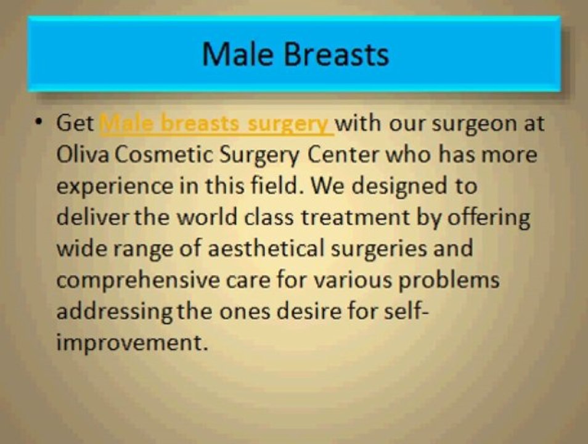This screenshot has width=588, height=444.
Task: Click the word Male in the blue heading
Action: pos(238,54)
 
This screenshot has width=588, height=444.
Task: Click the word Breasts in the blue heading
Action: pos(336,54)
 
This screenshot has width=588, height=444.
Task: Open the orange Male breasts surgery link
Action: pos(217,124)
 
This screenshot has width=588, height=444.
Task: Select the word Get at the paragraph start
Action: pos(75,123)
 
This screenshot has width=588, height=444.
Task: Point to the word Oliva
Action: pos(83,154)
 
